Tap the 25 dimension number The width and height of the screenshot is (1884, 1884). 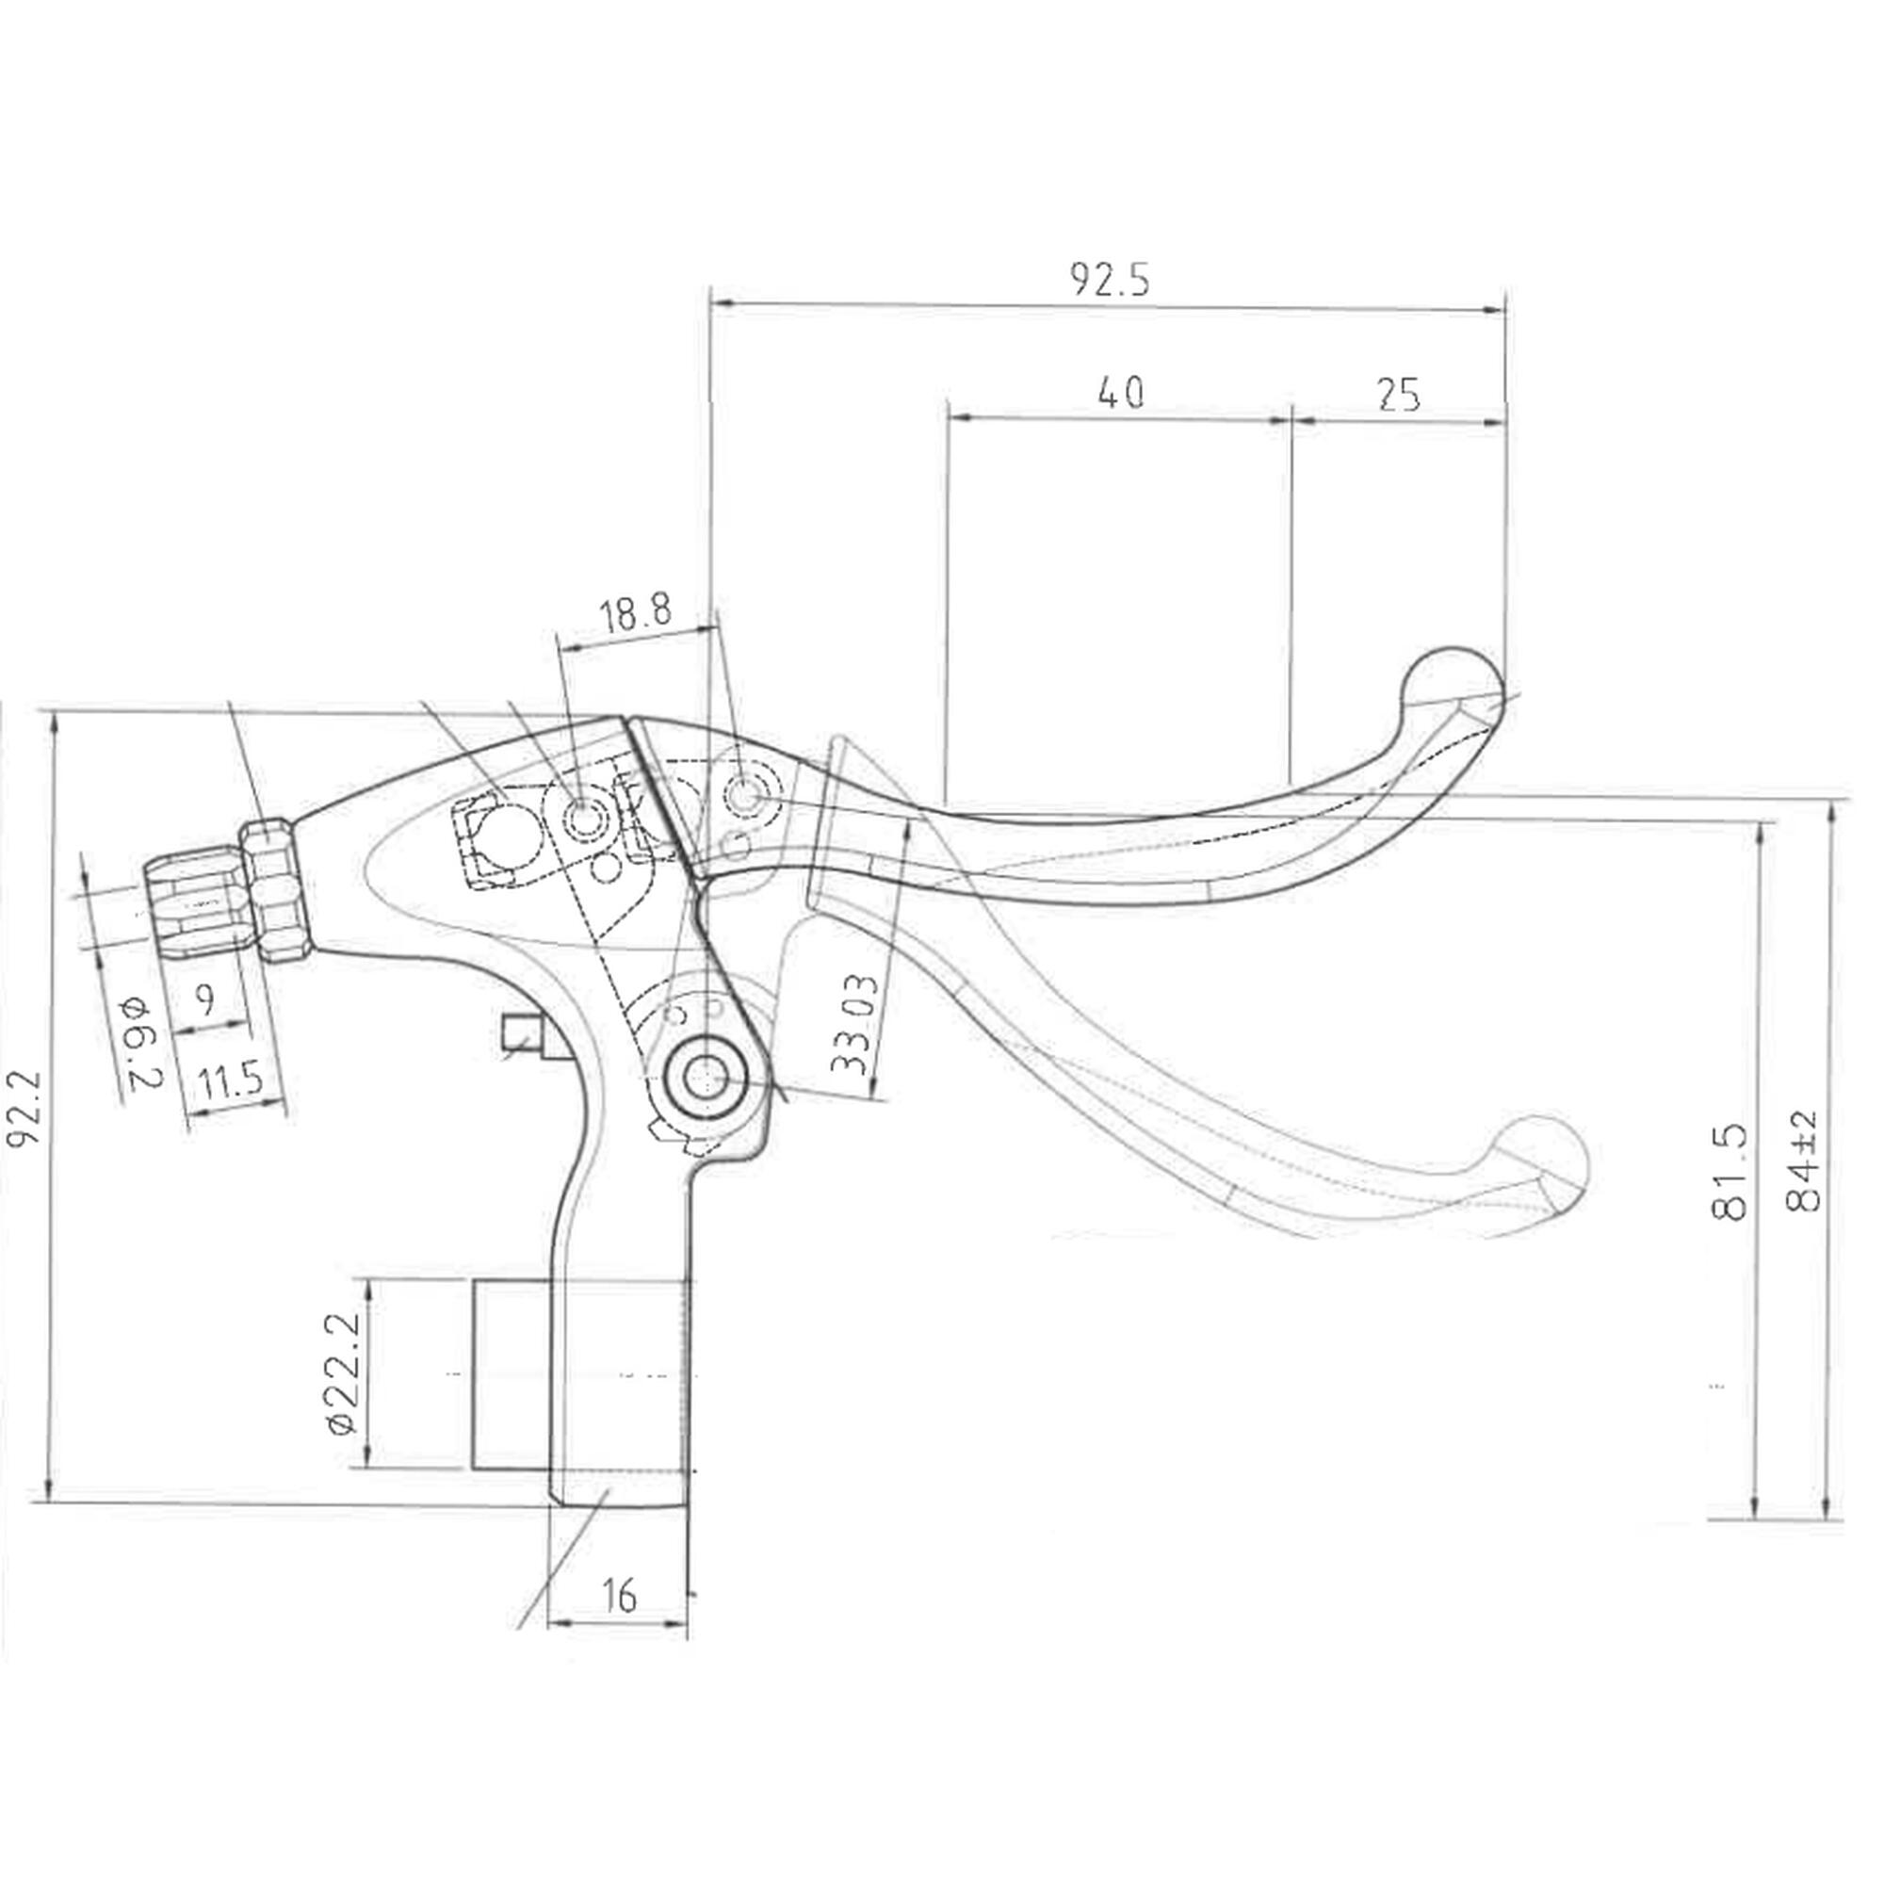point(1398,394)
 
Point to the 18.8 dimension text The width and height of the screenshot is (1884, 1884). point(635,614)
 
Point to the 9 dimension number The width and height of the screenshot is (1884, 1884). point(204,1000)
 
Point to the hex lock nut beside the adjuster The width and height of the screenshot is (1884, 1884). point(276,889)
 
